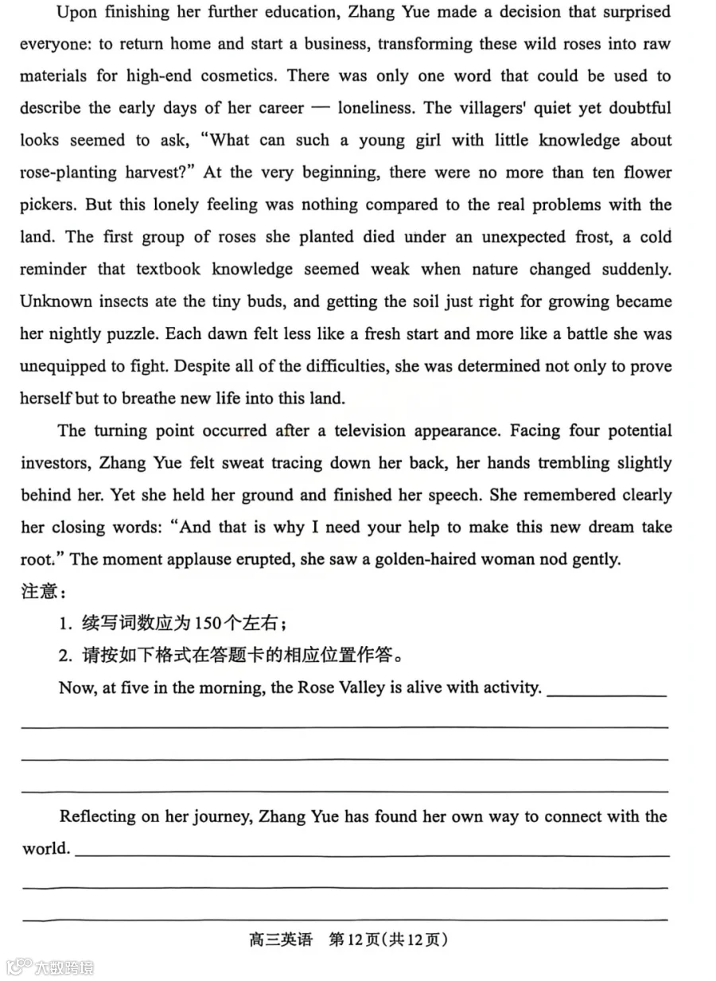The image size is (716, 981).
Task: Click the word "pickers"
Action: tap(48, 205)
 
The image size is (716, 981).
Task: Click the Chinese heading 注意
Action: tap(39, 593)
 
